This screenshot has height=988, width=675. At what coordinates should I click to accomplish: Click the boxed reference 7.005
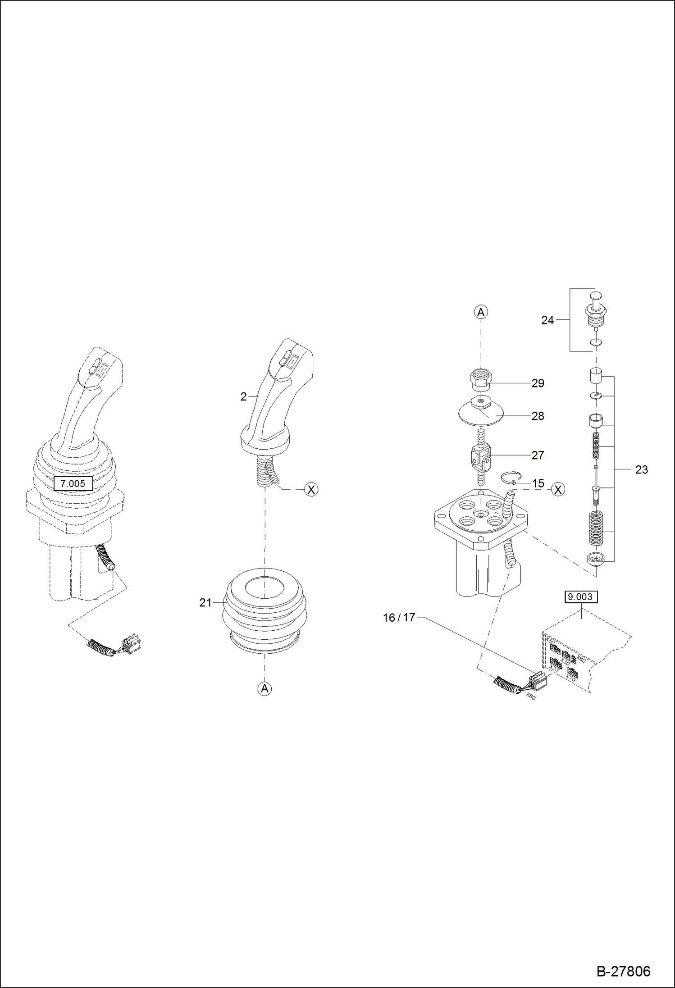73,483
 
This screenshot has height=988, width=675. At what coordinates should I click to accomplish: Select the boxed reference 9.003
580,597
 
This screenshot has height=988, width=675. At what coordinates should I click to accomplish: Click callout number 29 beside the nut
538,383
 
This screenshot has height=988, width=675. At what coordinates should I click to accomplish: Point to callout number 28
538,416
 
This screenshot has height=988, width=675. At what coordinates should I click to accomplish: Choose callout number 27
538,455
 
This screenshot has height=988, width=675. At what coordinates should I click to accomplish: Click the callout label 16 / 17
399,618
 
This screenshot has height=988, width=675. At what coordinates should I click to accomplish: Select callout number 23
641,469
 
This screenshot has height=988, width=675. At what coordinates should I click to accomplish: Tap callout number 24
547,320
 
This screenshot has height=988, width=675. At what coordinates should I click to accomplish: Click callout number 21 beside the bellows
205,602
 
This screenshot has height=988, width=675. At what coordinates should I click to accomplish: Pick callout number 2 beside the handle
243,396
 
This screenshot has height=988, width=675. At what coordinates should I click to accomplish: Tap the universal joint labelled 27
481,456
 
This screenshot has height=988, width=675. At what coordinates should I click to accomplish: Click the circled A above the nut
481,312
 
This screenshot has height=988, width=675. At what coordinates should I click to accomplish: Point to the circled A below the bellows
265,688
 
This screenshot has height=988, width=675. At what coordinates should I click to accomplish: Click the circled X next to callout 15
558,489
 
